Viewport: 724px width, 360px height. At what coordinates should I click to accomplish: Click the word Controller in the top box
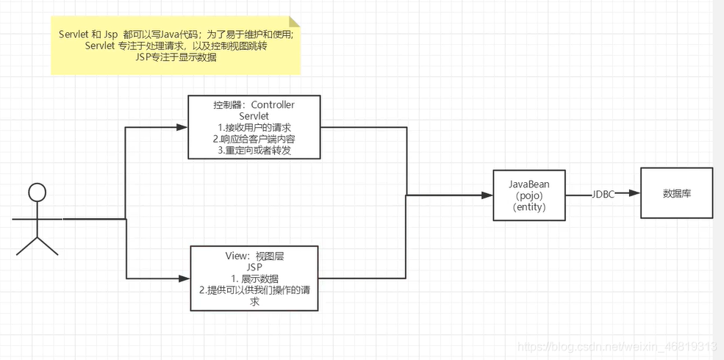pos(273,105)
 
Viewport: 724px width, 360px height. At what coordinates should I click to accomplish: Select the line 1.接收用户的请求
pos(254,128)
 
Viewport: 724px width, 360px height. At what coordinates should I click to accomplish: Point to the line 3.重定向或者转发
pos(254,150)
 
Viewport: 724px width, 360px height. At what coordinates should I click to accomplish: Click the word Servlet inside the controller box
pos(254,116)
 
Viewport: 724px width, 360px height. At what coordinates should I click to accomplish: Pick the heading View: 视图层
pos(254,256)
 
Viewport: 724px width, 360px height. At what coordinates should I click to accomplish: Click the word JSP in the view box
pos(254,267)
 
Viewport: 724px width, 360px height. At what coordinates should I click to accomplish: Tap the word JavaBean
pos(529,184)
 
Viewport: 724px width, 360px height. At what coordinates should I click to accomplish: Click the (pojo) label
pos(529,195)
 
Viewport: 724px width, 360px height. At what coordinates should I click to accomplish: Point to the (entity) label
pos(529,207)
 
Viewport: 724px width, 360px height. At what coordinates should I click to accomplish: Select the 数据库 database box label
pos(676,194)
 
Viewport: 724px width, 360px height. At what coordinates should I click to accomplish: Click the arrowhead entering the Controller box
pos(183,127)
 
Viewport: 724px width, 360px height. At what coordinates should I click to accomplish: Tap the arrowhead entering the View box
pos(185,278)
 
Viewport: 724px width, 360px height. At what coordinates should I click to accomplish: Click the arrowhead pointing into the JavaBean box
pos(488,195)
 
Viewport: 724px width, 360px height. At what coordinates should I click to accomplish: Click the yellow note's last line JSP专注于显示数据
pos(176,57)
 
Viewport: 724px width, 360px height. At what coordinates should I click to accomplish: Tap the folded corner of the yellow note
pos(294,22)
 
